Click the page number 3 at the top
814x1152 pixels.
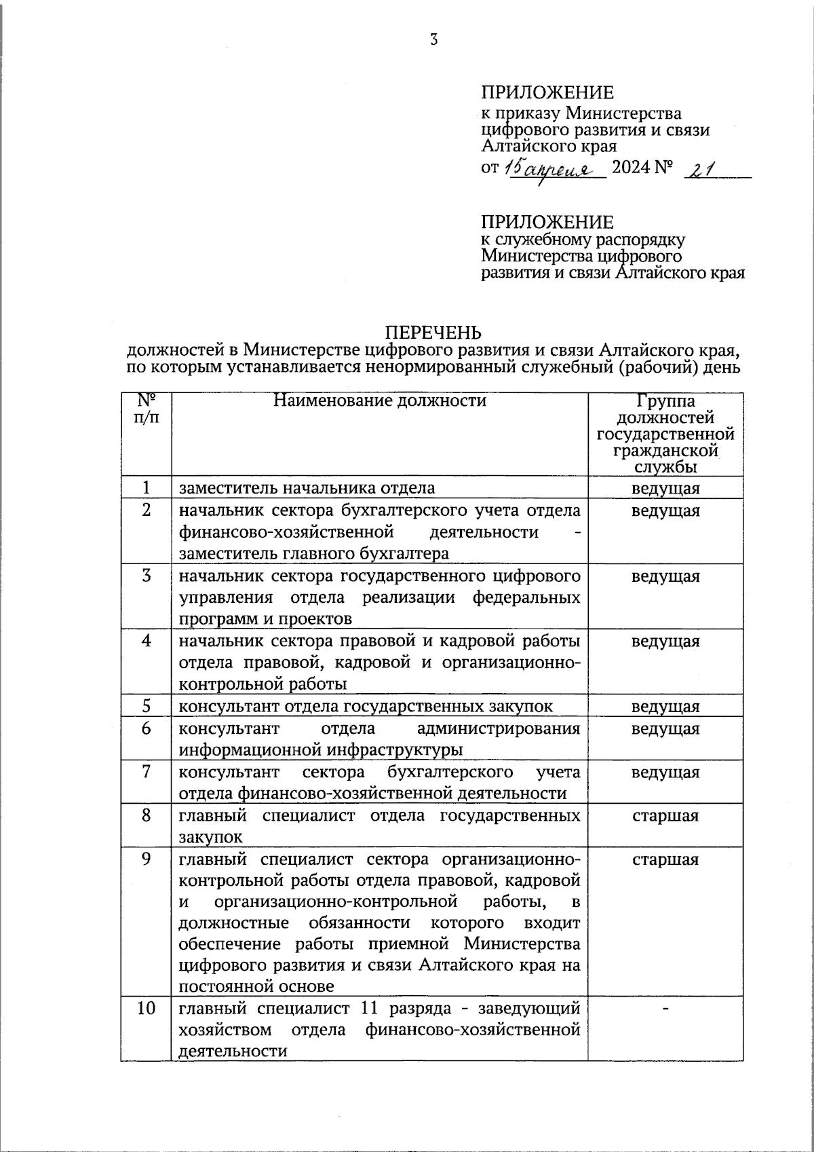(434, 39)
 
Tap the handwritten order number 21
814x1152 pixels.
(698, 170)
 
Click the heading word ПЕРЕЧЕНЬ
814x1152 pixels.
(433, 332)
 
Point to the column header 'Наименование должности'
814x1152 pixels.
(380, 401)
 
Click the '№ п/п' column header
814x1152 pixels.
(147, 407)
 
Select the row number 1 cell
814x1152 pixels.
(147, 488)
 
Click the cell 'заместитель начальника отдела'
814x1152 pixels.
(307, 488)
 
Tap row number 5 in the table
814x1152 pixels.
(147, 706)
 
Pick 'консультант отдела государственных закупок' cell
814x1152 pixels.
(366, 707)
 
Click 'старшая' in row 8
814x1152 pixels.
(665, 816)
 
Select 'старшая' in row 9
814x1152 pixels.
(665, 860)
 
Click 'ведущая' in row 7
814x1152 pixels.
(665, 773)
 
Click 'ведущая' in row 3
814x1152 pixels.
(665, 577)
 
